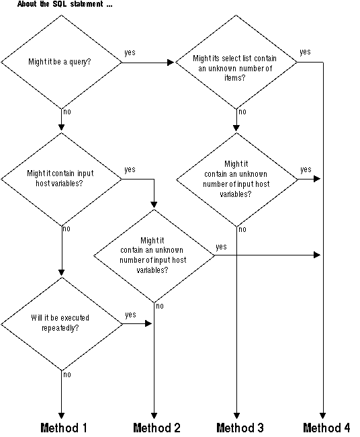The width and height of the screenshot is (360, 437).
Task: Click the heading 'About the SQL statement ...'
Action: tap(64, 5)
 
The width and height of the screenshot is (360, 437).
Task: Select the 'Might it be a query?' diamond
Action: tap(61, 63)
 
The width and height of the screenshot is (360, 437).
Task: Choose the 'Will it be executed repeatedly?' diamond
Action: tap(61, 323)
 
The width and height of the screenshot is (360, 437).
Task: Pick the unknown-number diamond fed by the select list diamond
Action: tap(236, 179)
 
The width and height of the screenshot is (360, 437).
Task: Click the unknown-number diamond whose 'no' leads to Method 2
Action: tap(154, 255)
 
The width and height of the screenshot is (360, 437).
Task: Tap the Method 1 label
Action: tap(64, 428)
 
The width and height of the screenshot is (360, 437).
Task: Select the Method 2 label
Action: tap(156, 428)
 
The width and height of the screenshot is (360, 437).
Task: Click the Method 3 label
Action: tap(240, 428)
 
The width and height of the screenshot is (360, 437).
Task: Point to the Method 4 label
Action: tap(326, 428)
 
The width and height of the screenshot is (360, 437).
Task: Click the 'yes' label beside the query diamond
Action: tap(130, 53)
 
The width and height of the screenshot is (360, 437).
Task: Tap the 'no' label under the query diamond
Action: tap(66, 112)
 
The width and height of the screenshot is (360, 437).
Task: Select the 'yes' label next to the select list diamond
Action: tap(305, 52)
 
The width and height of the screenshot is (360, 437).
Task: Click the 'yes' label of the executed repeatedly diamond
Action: tap(130, 314)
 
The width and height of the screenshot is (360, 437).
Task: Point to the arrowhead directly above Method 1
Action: tap(61, 415)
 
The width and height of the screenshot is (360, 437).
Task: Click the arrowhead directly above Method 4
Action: tap(324, 415)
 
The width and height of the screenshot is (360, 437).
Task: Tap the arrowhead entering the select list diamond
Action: tap(171, 63)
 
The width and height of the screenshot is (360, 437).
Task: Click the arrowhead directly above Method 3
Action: tap(236, 415)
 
